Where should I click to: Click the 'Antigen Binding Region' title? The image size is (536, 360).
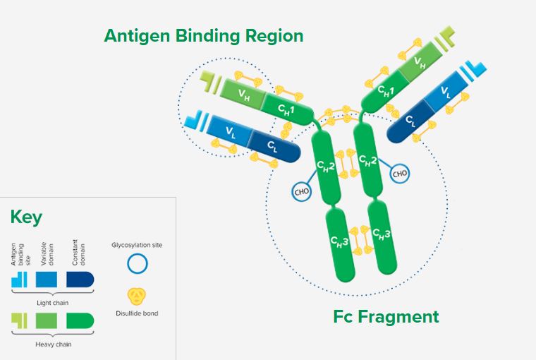[204, 36]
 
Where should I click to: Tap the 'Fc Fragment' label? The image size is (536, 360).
[386, 316]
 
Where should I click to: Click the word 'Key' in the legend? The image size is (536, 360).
[26, 217]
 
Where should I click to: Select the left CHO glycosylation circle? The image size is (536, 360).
[302, 191]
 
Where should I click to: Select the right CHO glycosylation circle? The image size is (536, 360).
[400, 173]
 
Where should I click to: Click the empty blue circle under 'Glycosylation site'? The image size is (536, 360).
[138, 264]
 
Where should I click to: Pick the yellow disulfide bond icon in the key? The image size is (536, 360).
[137, 296]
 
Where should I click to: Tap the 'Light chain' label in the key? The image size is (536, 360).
[53, 303]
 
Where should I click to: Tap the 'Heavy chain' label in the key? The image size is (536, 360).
[54, 344]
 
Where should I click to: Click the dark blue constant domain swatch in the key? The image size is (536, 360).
[80, 280]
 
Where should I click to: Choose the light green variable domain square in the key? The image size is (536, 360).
[47, 321]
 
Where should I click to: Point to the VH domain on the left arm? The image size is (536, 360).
[243, 94]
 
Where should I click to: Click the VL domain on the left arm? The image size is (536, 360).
[230, 131]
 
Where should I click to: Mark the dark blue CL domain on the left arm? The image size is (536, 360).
[274, 146]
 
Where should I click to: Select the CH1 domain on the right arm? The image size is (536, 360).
[385, 91]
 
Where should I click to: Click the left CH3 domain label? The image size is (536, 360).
[339, 241]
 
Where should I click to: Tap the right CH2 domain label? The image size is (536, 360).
[367, 160]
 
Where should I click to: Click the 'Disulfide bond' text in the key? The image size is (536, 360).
[137, 313]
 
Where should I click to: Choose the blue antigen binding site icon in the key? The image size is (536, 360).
[19, 280]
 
